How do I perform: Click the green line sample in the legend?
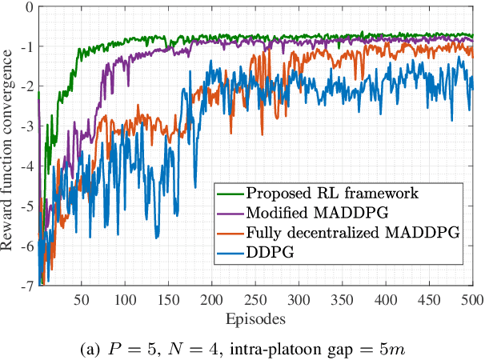pyautogui.click(x=230, y=193)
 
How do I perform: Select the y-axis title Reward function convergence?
pyautogui.click(x=9, y=148)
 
